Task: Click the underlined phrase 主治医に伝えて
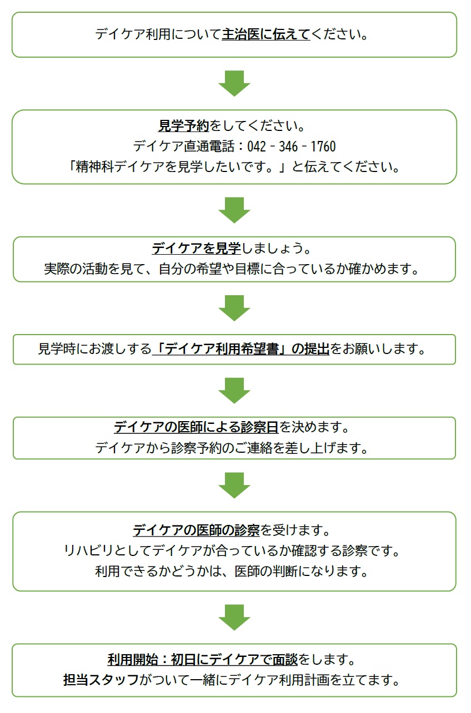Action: [x=265, y=35]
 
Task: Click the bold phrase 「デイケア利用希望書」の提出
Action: [x=241, y=350]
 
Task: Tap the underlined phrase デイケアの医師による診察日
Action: [x=196, y=428]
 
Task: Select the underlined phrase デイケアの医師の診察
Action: [x=196, y=530]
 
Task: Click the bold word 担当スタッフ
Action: [x=101, y=680]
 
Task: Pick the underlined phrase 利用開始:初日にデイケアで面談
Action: [x=203, y=660]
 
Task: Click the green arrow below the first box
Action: [x=234, y=84]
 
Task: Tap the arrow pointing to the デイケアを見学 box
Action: [x=234, y=210]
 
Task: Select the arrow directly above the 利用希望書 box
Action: [x=234, y=308]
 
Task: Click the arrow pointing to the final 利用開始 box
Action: [x=234, y=618]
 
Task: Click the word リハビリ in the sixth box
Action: [x=86, y=552]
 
